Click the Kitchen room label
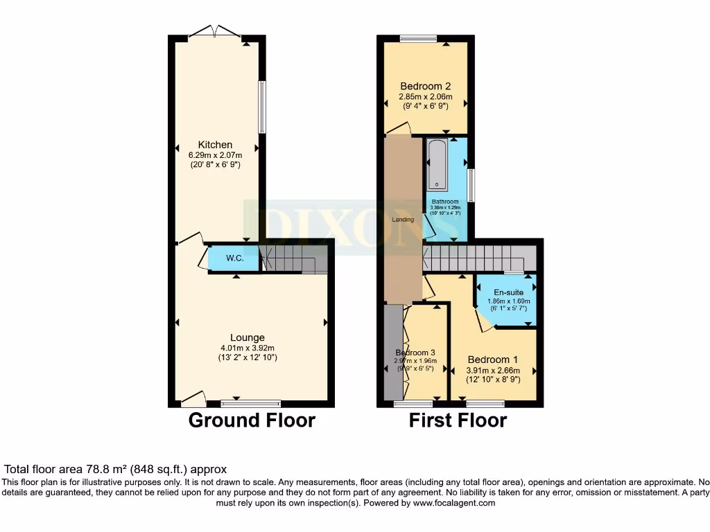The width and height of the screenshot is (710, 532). click(x=215, y=145)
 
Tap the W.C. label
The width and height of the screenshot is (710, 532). click(x=234, y=258)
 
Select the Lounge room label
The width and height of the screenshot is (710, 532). click(x=248, y=338)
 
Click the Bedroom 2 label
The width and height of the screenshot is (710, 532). click(x=425, y=87)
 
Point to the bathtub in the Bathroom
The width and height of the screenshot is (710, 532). click(x=438, y=164)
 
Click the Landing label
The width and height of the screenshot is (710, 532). click(x=403, y=220)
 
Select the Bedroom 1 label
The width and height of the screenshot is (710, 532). click(x=492, y=360)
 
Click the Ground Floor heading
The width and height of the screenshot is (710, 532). click(x=252, y=420)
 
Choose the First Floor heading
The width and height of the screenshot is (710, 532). click(x=458, y=420)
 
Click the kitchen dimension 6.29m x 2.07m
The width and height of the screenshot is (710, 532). click(x=215, y=155)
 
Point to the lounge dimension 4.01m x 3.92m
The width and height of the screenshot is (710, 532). click(x=248, y=348)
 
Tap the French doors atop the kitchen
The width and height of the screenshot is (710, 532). click(x=215, y=32)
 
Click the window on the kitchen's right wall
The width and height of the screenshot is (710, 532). click(x=261, y=107)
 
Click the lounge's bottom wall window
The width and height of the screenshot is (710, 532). click(x=251, y=402)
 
